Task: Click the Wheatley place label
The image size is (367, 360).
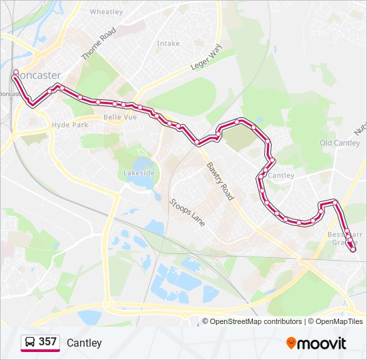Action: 107,12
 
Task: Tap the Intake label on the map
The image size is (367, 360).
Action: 168,43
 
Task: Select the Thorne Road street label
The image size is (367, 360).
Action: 98,44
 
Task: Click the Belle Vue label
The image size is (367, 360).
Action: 120,117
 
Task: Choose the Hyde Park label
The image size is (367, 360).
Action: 70,125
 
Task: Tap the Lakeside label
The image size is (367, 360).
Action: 139,173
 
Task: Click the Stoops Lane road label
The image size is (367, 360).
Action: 187,212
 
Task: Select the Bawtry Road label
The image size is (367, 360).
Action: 220,181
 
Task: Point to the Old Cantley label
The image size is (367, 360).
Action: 340,143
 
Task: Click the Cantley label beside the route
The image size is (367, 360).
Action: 282,176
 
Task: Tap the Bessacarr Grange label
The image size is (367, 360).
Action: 343,239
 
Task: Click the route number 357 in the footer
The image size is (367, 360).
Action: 47,342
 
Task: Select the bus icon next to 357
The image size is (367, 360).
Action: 30,343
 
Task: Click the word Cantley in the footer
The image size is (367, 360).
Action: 84,343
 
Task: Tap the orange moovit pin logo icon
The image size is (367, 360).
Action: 291,343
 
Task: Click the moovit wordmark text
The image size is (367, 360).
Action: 322,343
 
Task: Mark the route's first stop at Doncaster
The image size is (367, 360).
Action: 15,72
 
